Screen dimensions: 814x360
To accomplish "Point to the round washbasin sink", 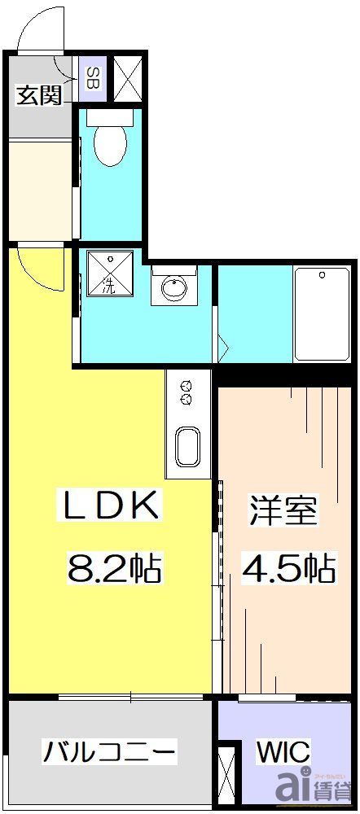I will pyautogui.click(x=173, y=287).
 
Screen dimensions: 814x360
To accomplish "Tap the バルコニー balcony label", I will pyautogui.click(x=110, y=751).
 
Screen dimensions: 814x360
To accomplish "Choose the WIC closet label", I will pyautogui.click(x=283, y=751).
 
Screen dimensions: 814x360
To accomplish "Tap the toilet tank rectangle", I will pyautogui.click(x=109, y=116).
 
